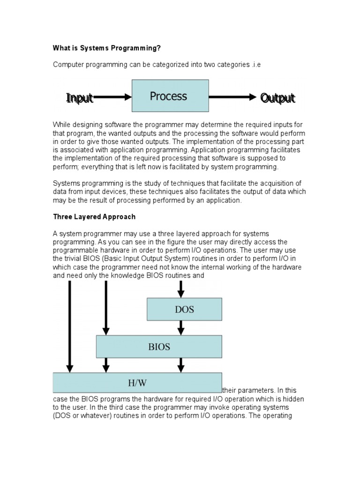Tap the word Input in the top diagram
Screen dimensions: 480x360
80,97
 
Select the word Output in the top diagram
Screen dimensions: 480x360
278,98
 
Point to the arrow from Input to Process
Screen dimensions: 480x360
112,97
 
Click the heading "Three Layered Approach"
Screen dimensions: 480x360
94,217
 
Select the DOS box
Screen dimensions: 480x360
184,309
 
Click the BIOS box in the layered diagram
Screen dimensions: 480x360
159,347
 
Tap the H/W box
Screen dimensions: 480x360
137,382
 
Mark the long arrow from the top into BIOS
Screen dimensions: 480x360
106,307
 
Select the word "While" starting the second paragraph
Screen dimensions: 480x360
61,124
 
